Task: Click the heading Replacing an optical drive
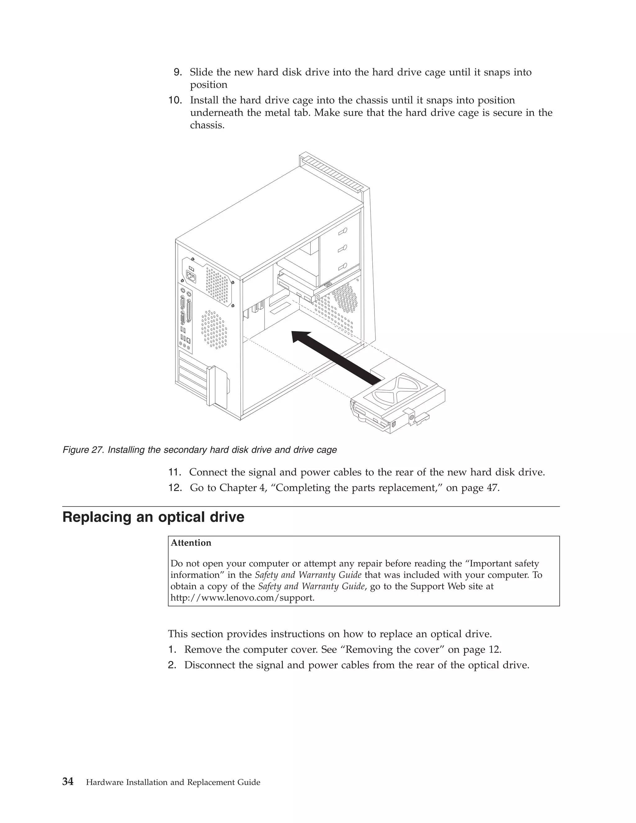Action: coord(153,517)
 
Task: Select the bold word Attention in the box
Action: coord(191,543)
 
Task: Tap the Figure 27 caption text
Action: coord(199,450)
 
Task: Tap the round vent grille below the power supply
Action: coord(214,329)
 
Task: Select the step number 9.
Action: coord(177,72)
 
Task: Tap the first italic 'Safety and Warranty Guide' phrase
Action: coord(308,575)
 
